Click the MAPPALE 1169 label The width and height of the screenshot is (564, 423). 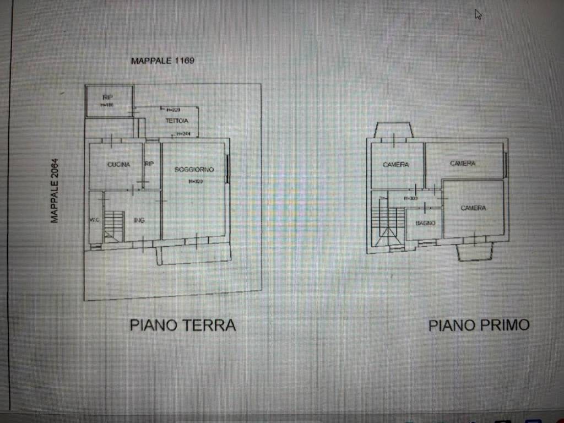[x=162, y=61]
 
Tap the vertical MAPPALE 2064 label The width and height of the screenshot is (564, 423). [x=55, y=191]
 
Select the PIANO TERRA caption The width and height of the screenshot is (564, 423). [x=183, y=325]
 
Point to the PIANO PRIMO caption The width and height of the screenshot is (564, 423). [x=479, y=325]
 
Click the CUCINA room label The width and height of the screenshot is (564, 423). [x=118, y=164]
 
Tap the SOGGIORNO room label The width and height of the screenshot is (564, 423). [x=194, y=169]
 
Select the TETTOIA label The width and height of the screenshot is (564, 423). [x=177, y=120]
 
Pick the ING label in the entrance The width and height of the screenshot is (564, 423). [x=139, y=220]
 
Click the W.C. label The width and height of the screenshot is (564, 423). [x=95, y=220]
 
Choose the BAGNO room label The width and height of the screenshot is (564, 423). [x=426, y=223]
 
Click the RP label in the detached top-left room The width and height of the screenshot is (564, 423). [x=107, y=97]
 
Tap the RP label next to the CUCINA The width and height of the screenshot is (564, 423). [x=149, y=164]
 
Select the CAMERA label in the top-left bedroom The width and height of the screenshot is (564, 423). [x=396, y=164]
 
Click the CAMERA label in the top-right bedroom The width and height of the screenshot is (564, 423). [x=462, y=163]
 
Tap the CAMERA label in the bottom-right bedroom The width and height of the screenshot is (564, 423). [x=473, y=208]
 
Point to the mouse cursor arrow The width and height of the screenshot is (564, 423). [x=478, y=14]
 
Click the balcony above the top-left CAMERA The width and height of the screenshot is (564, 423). [x=393, y=130]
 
